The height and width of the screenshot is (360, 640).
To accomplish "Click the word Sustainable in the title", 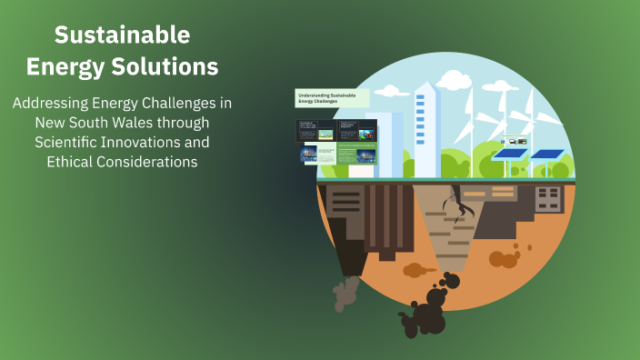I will (x=122, y=35).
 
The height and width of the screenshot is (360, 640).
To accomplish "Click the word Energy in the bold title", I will (x=68, y=66).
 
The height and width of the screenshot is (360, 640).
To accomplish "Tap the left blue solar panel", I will (x=510, y=155).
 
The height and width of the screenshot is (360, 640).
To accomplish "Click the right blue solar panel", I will (x=546, y=155).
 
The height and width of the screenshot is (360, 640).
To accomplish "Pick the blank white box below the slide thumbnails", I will (x=361, y=170).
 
